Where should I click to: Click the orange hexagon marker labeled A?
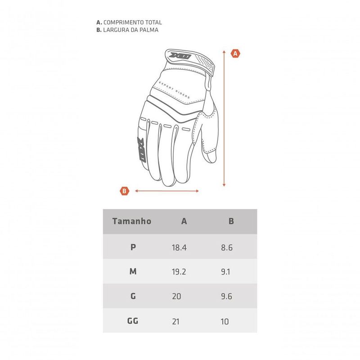(235, 54)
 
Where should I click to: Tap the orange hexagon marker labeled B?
(125, 191)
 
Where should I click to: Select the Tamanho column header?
(132, 221)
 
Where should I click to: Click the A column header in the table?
(184, 221)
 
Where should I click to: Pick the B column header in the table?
(231, 221)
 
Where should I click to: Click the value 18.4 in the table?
(179, 247)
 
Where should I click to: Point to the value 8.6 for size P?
(227, 247)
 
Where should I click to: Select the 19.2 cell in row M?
(179, 272)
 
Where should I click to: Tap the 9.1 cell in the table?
(225, 272)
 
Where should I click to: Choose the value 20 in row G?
(176, 296)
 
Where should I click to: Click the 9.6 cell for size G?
(226, 296)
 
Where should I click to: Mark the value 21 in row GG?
(175, 321)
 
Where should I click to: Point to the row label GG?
(133, 320)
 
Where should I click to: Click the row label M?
(133, 271)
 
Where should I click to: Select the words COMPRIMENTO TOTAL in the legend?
(133, 22)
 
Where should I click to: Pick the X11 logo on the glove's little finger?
(141, 150)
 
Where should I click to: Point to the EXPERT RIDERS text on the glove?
(175, 90)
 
